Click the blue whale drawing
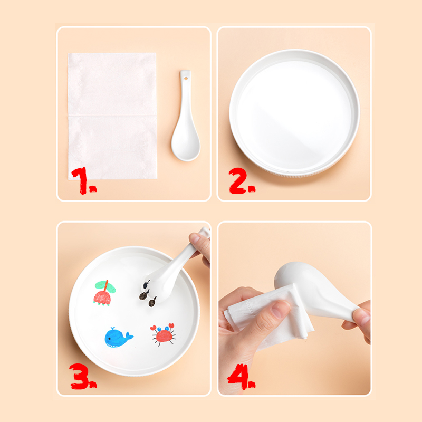pyautogui.click(x=118, y=338)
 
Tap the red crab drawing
pyautogui.click(x=164, y=334)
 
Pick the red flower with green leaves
pyautogui.click(x=104, y=293)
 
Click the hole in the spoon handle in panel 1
pyautogui.click(x=186, y=79)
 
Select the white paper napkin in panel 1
pyautogui.click(x=112, y=116)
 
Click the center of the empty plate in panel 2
pyautogui.click(x=294, y=112)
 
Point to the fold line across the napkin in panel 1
pyautogui.click(x=112, y=116)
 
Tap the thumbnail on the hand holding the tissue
pyautogui.click(x=281, y=309)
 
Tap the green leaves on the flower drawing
pyautogui.click(x=105, y=286)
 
